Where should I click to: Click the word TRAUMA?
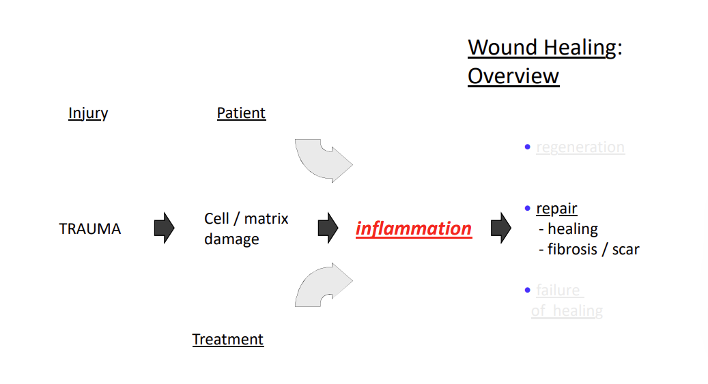(89, 229)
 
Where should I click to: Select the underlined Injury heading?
(88, 113)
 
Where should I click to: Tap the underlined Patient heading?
(241, 113)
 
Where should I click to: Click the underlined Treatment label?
(227, 340)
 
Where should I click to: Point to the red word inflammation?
(413, 228)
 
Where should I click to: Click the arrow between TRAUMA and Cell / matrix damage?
(164, 228)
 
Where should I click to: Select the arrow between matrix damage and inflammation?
(328, 228)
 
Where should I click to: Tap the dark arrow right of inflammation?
(501, 228)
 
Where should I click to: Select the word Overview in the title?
(513, 76)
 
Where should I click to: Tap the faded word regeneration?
(580, 147)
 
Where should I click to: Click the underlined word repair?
(556, 209)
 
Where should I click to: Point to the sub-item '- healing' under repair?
(568, 229)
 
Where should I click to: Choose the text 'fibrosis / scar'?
(593, 250)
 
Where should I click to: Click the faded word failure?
(558, 291)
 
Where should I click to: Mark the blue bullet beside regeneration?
(527, 147)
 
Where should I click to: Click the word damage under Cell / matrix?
(231, 239)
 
